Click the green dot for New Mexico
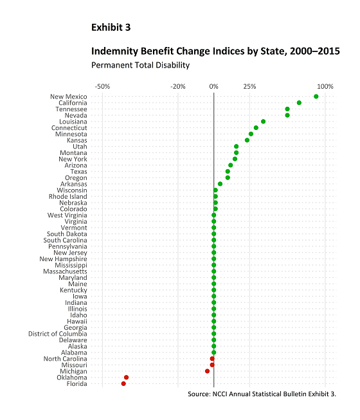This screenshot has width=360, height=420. click(316, 96)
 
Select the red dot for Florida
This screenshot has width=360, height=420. click(123, 383)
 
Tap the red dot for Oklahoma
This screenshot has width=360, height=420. click(127, 378)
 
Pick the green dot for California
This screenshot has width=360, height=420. click(299, 103)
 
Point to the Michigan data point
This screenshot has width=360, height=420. click(207, 371)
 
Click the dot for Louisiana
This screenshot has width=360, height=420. click(263, 122)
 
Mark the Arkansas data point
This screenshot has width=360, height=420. click(220, 184)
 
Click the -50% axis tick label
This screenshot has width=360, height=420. click(102, 87)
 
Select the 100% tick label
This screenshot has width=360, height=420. click(325, 87)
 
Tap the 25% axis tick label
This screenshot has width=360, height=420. click(249, 87)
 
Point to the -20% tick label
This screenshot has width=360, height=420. click(178, 87)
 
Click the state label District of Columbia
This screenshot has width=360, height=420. click(58, 334)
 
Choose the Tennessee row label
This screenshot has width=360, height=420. click(71, 109)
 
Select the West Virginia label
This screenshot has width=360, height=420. click(67, 215)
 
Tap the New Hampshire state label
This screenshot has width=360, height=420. click(63, 259)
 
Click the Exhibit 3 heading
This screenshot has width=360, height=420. click(111, 27)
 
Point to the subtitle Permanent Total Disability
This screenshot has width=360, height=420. click(141, 65)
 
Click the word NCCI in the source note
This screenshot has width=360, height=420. click(220, 394)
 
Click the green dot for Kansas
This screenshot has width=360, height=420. click(247, 140)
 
